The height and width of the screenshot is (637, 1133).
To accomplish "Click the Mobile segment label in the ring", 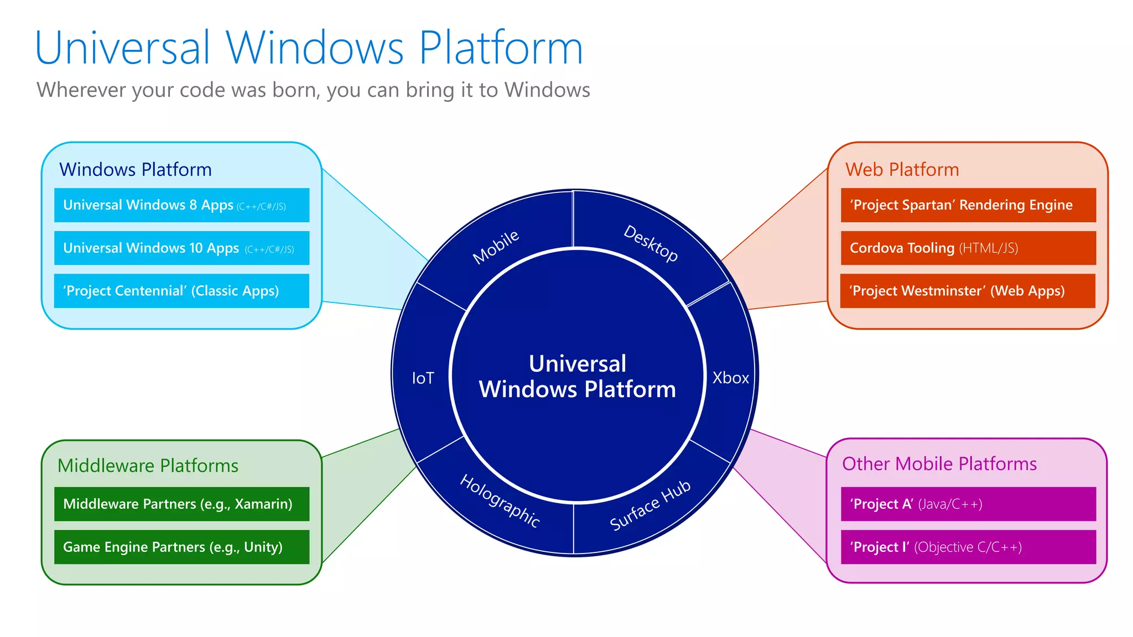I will pyautogui.click(x=496, y=247).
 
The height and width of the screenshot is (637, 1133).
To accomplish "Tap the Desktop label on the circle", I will pyautogui.click(x=651, y=243).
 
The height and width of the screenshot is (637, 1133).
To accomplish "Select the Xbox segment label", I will pyautogui.click(x=730, y=378).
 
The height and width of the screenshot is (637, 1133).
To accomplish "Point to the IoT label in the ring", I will pyautogui.click(x=423, y=378).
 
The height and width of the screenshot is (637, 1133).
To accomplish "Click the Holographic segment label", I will pyautogui.click(x=500, y=501).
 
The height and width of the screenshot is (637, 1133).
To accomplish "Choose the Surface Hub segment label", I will pyautogui.click(x=650, y=505).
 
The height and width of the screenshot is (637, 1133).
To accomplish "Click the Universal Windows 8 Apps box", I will pyautogui.click(x=181, y=205).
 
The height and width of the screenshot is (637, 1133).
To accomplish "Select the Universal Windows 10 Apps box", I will pyautogui.click(x=181, y=248).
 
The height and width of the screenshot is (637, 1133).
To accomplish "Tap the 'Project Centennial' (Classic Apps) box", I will pyautogui.click(x=181, y=291).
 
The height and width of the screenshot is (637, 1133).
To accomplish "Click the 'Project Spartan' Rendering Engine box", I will pyautogui.click(x=968, y=205).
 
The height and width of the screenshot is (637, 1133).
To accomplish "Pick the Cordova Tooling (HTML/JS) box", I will pyautogui.click(x=968, y=248).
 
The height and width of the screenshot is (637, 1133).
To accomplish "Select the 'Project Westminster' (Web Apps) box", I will pyautogui.click(x=968, y=291).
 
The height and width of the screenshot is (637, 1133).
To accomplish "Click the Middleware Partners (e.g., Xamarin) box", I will pyautogui.click(x=181, y=504).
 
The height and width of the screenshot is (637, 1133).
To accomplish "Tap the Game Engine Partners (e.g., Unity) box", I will pyautogui.click(x=181, y=547).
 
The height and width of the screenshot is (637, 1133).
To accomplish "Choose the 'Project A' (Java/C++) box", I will pyautogui.click(x=968, y=504).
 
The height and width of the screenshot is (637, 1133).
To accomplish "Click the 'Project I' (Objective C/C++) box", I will pyautogui.click(x=968, y=547).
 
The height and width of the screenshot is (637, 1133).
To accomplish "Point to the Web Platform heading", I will pyautogui.click(x=902, y=169).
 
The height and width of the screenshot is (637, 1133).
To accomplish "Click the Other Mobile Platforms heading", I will pyautogui.click(x=939, y=463).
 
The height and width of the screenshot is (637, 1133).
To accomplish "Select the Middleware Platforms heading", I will pyautogui.click(x=148, y=466).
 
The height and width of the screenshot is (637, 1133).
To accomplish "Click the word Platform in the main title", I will pyautogui.click(x=501, y=49).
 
